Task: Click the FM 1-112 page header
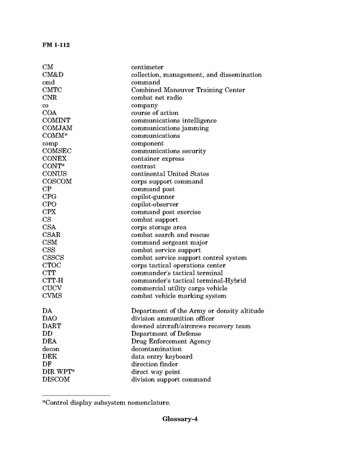pos(56,45)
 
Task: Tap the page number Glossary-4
pos(180,419)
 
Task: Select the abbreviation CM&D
pos(53,75)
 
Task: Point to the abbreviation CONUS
pos(54,174)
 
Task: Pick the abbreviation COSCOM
pos(57,182)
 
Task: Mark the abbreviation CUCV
pos(52,289)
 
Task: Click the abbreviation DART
pos(52,327)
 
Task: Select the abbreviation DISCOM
pos(56,380)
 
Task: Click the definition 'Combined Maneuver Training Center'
pos(188,90)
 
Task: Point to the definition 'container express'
pos(157,159)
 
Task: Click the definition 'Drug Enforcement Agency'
pos(171,342)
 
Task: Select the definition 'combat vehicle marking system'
pos(179,296)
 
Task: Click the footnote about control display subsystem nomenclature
pos(106,403)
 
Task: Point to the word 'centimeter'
pos(147,67)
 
